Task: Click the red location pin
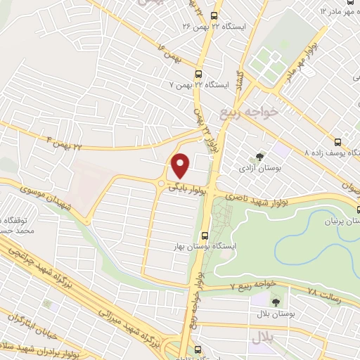(x=180, y=166)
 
